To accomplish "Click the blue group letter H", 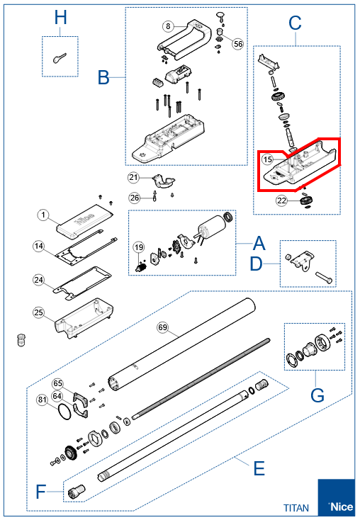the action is point(60,17).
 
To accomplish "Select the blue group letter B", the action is point(103,77).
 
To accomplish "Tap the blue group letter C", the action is point(295,23).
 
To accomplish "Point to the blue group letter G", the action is point(317,395).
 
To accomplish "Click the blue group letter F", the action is point(40,492).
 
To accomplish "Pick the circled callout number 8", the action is point(168,26).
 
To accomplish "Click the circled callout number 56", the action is point(238,44).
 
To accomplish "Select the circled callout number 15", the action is point(267,159).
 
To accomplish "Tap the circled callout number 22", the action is point(281,200).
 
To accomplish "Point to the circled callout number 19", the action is point(139,247).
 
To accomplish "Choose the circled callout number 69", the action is point(162,327).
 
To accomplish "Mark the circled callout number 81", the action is point(42,400).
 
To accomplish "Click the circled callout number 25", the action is point(39,312).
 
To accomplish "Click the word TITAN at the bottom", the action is point(296,508).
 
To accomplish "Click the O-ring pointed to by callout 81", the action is point(59,412).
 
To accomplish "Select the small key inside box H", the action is point(60,58).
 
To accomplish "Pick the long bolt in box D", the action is point(323,277).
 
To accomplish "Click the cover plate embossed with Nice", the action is point(85,221).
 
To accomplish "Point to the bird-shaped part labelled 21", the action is point(163,182).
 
